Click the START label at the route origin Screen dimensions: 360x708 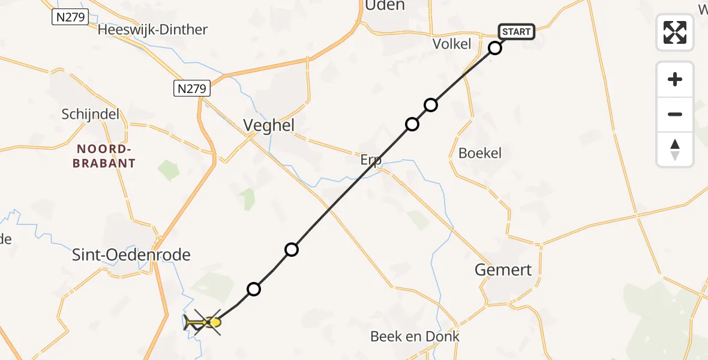pos(516,32)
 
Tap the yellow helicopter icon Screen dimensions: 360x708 pos(203,323)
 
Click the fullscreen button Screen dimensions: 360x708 pos(675,32)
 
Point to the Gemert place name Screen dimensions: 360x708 pos(503,270)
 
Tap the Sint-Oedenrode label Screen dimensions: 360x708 pos(131,255)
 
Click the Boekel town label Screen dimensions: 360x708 pos(479,153)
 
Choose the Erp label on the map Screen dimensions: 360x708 pos(371,160)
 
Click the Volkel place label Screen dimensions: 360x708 pos(452,44)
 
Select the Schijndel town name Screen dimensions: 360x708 pos(91,114)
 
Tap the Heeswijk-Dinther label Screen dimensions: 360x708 pos(152,29)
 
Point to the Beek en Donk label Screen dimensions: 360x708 pos(415,336)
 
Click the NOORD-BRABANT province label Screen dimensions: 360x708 pos(104,155)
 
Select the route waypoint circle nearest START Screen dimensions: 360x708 pos(495,48)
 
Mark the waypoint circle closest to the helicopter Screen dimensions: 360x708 pos(254,289)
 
